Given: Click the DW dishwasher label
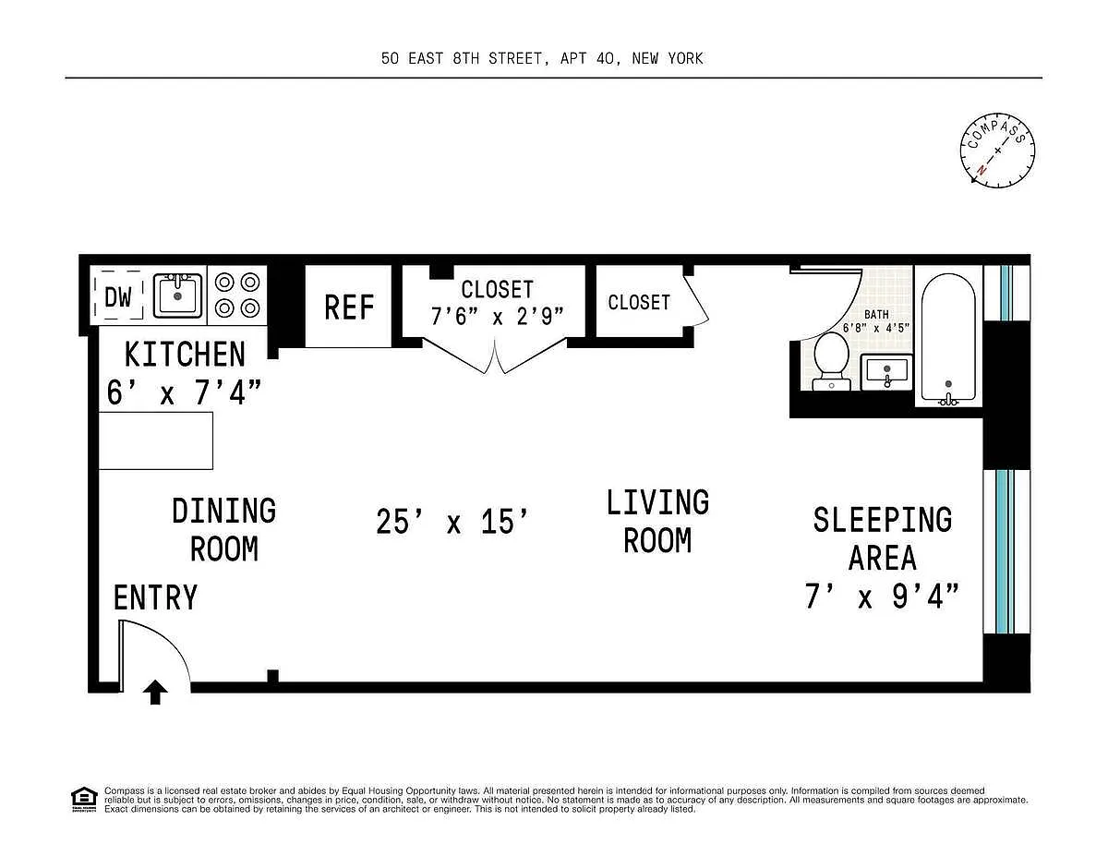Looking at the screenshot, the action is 118,296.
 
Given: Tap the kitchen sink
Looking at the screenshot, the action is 177,295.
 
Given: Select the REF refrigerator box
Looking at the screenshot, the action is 349,307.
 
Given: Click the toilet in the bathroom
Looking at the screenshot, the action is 831,361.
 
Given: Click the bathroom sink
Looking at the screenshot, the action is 886,372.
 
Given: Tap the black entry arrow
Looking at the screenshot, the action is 155,692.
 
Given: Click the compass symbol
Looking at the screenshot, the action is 997,151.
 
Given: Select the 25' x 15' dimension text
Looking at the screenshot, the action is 452,522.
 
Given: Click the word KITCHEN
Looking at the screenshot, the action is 185,355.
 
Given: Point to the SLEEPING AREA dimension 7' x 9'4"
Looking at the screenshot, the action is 882,596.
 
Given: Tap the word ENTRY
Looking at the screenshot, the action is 155,597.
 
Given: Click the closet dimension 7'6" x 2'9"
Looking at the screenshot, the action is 497,316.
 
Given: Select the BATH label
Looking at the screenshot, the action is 876,315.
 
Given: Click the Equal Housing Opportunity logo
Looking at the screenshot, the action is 84,800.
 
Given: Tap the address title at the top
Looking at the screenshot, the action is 542,58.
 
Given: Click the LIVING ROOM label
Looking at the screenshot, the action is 657,521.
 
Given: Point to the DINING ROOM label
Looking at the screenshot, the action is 223,530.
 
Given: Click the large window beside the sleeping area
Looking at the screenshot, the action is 1006,551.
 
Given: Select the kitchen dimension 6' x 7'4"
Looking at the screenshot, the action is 184,392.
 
